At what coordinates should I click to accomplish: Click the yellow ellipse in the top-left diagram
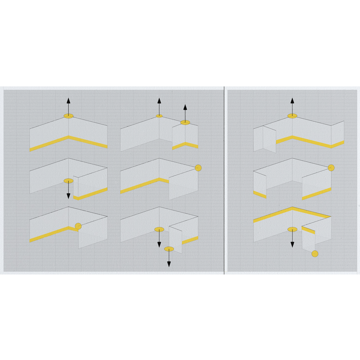click(68, 116)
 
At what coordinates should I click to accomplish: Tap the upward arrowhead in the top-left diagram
click(68, 100)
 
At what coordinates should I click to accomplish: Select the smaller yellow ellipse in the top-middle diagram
click(159, 116)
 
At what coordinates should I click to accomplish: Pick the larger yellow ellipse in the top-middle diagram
click(185, 122)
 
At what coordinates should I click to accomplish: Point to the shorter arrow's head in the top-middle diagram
click(185, 107)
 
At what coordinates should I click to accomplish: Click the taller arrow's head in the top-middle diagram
click(159, 100)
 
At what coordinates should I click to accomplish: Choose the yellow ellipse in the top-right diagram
click(292, 116)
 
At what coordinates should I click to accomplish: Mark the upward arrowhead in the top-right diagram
click(292, 100)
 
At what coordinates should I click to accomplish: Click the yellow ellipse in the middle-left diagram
click(68, 181)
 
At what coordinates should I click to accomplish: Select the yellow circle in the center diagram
click(198, 168)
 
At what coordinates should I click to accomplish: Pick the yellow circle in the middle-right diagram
click(331, 168)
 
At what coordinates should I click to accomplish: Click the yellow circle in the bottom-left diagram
click(78, 226)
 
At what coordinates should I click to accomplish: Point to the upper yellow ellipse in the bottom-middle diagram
click(159, 229)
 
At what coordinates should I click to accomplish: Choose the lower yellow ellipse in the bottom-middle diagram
click(169, 249)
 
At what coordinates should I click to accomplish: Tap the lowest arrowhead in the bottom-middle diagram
click(169, 264)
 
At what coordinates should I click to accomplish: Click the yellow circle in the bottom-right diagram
click(315, 254)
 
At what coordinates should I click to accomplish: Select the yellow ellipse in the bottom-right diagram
click(292, 229)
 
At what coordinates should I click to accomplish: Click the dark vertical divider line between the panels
click(224, 180)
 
